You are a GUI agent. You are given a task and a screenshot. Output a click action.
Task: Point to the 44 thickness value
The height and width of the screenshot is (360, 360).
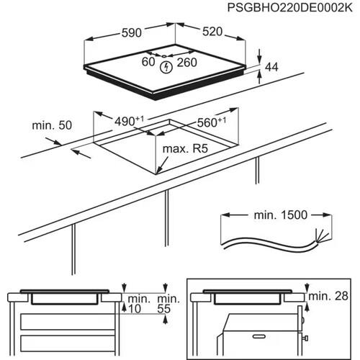pos(272,66)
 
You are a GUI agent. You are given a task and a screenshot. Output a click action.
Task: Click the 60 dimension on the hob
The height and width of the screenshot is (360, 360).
pos(148,63)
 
